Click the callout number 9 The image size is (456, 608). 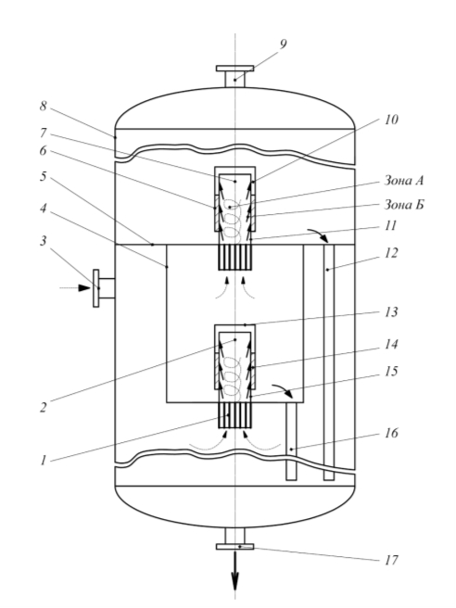283,44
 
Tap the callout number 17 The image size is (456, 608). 391,560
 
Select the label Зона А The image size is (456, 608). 404,181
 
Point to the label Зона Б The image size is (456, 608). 404,204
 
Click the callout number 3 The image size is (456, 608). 43,241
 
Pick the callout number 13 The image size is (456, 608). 391,311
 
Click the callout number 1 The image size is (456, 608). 43,461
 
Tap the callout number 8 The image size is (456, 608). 43,106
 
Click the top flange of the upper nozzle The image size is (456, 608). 235,69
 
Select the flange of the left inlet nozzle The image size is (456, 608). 96,288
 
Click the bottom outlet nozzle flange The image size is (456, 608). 235,547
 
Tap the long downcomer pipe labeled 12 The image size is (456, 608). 329,362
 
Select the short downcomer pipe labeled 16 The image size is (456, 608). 291,441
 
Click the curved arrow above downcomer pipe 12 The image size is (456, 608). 319,234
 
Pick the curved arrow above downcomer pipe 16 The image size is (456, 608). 283,389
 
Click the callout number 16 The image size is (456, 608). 391,432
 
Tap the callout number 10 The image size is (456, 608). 391,120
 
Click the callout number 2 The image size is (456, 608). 43,408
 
